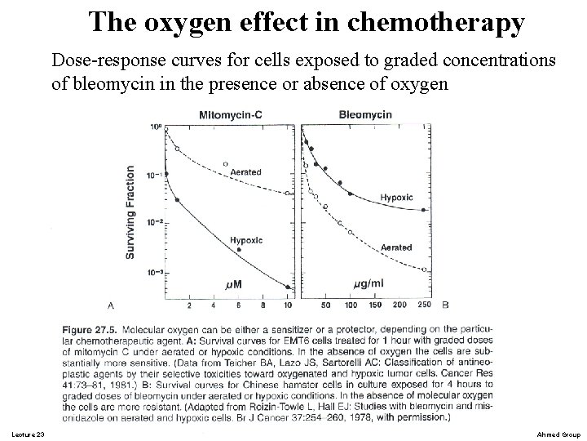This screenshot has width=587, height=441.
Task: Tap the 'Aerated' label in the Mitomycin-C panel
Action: tap(246, 172)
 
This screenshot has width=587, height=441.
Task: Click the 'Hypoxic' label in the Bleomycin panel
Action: tap(396, 198)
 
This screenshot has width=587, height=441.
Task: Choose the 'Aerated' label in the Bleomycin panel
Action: tap(395, 247)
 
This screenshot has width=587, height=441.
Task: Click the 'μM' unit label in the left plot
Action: tap(232, 283)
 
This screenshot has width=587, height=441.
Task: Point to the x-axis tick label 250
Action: tap(424, 305)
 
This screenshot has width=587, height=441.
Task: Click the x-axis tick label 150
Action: tap(375, 305)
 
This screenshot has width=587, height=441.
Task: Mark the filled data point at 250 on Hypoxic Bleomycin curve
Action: tap(425, 210)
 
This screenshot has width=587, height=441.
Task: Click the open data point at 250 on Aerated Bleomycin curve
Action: tap(425, 269)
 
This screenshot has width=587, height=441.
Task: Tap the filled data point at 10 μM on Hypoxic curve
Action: tap(287, 287)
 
